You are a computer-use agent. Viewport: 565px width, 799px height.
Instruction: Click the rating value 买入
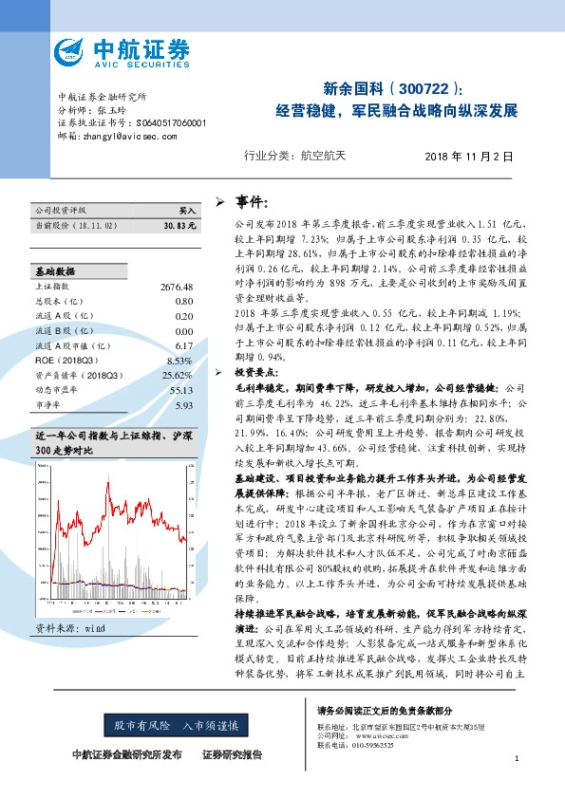187,211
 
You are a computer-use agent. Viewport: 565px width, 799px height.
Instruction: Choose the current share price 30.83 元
179,226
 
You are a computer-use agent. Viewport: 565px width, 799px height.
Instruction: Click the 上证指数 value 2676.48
178,287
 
